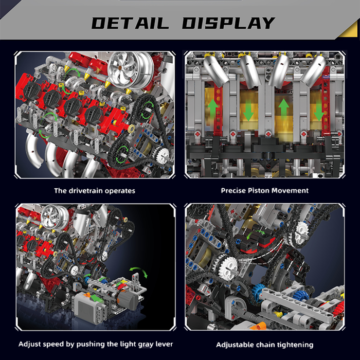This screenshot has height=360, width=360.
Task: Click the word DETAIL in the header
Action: pyautogui.click(x=130, y=23)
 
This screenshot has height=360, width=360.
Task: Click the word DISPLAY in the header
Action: pyautogui.click(x=228, y=23)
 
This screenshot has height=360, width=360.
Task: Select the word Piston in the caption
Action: pyautogui.click(x=259, y=191)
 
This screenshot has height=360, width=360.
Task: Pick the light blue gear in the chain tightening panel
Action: pyautogui.click(x=259, y=291)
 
